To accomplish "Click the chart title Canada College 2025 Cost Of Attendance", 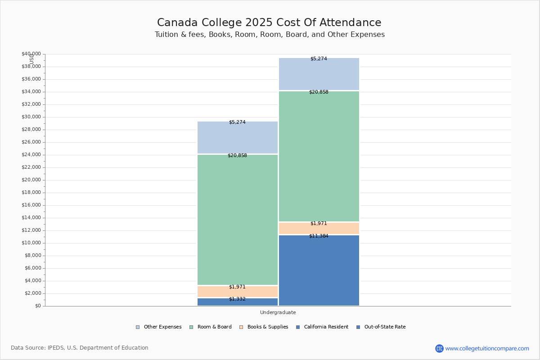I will point(269,23).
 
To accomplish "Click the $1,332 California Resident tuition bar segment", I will point(238,302).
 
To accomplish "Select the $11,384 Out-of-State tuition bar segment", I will point(319,270).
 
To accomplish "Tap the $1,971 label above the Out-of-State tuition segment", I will point(319,224).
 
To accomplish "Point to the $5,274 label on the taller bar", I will point(319,59).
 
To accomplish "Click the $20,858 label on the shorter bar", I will point(237,156).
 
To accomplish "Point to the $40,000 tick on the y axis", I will point(31,54).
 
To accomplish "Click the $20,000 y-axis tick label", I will point(31,180).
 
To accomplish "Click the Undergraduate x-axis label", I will point(278,312).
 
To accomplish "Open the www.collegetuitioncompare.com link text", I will point(487,348).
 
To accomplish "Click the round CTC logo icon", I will point(439,348).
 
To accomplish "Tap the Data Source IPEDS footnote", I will point(80,348).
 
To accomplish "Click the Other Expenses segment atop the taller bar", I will point(319,75).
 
